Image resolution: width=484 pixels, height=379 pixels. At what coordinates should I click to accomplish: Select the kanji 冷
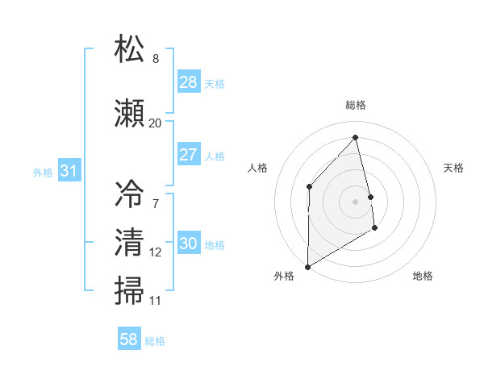click(130, 194)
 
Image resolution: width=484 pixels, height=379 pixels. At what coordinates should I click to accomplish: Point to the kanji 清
click(130, 241)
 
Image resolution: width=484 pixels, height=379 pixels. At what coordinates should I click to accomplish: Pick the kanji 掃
click(130, 289)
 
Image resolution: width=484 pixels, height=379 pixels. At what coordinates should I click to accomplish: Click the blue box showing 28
click(189, 82)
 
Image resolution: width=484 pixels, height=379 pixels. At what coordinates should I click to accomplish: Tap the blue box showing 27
click(189, 155)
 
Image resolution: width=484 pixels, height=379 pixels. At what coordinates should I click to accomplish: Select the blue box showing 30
click(189, 244)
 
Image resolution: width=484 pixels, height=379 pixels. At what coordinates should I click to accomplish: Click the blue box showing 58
click(129, 339)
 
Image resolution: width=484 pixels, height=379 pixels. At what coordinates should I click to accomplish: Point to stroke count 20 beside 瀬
click(156, 123)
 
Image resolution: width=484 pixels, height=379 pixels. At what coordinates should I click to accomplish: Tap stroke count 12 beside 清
click(156, 252)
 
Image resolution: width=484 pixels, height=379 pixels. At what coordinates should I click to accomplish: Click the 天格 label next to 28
click(215, 83)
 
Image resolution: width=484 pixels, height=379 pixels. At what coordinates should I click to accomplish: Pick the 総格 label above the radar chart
click(356, 105)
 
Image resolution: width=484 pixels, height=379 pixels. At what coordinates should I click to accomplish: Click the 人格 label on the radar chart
click(257, 168)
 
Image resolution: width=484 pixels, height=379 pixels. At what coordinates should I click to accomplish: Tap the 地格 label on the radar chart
click(423, 276)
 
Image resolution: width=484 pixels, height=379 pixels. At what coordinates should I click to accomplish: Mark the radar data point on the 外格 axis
click(307, 266)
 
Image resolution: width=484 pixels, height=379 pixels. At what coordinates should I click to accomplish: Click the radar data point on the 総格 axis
click(356, 137)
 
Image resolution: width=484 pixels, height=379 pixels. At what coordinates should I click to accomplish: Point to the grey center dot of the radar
click(356, 201)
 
